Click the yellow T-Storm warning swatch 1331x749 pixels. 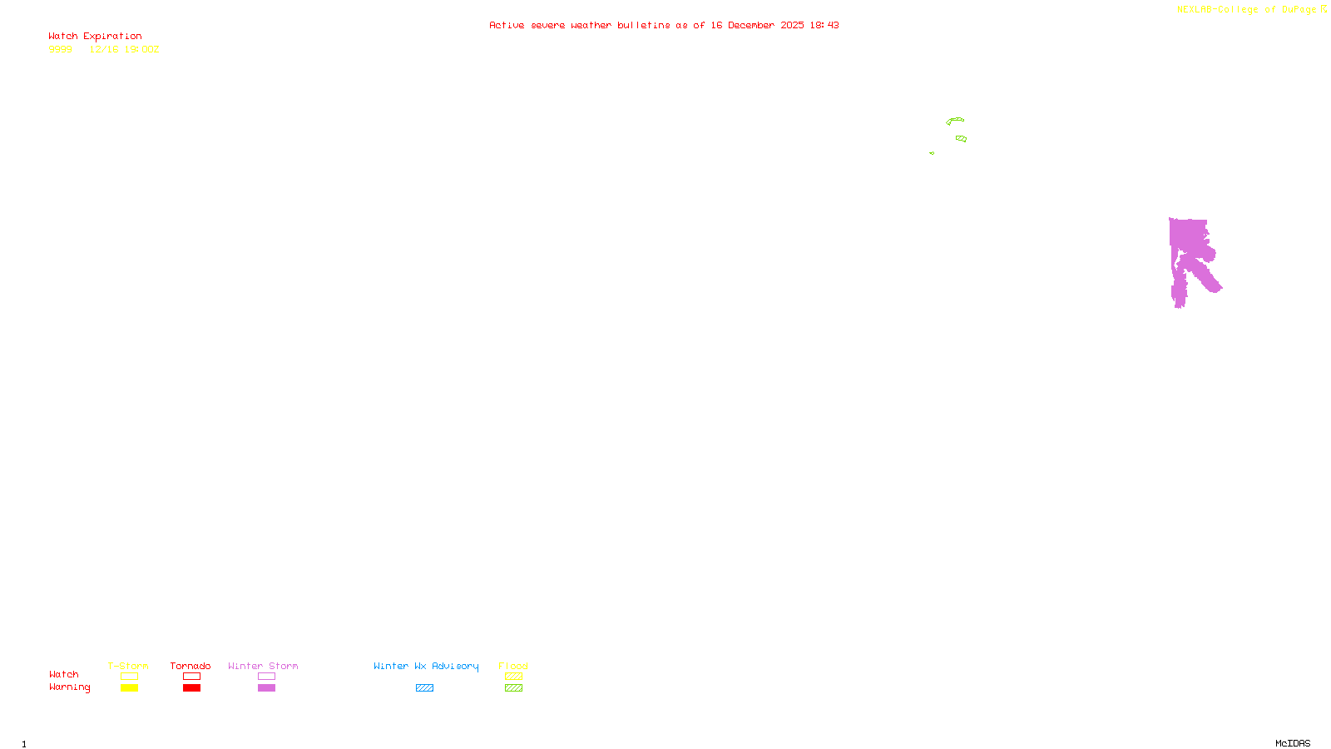[129, 688]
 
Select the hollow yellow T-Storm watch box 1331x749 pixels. [129, 677]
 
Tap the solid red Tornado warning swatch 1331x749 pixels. [191, 688]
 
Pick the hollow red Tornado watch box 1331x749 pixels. [191, 677]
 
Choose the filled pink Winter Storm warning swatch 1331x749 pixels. [266, 688]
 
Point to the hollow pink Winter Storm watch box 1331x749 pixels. [266, 677]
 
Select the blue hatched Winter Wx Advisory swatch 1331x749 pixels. [424, 688]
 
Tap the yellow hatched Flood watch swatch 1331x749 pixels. [513, 677]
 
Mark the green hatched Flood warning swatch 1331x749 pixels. [513, 688]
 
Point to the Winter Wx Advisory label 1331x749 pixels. [426, 666]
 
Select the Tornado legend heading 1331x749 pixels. [190, 666]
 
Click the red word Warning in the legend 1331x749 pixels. [69, 687]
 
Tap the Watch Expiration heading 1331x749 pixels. [95, 37]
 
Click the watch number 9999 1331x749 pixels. [60, 50]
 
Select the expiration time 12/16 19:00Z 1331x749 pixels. [124, 50]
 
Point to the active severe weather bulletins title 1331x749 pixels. [664, 26]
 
